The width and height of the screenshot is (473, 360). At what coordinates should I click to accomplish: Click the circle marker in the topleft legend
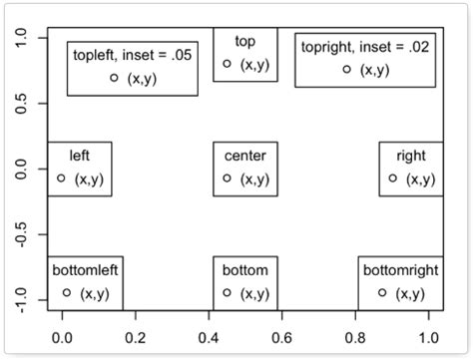[114, 77]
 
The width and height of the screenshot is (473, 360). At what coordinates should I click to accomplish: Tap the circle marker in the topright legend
[347, 69]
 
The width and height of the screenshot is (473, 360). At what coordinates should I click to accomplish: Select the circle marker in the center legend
[228, 179]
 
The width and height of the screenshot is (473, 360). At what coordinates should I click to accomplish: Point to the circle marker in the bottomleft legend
[67, 292]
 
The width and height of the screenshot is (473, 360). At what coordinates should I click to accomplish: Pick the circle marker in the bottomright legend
[382, 292]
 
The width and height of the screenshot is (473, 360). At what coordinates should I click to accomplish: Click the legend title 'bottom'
[244, 269]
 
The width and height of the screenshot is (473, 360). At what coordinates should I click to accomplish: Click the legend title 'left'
[80, 156]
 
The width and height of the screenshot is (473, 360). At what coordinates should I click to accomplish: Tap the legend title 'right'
[410, 156]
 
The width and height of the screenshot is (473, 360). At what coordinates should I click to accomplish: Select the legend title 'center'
[244, 156]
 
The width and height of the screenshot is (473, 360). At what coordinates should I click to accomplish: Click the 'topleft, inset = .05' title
[132, 54]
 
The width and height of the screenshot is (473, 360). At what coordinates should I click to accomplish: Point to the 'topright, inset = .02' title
[364, 46]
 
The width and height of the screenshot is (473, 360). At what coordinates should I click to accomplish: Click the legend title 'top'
[244, 41]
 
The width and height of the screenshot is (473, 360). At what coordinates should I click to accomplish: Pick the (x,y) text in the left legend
[89, 180]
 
